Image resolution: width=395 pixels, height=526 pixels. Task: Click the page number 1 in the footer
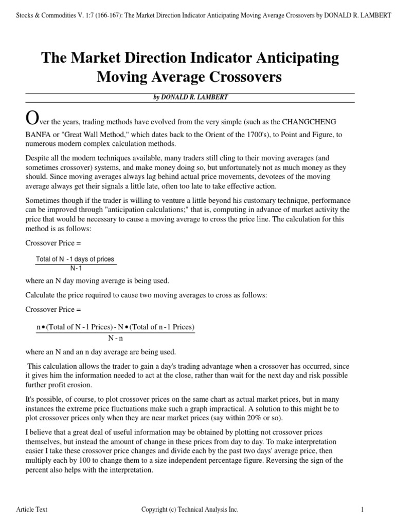(x=362, y=509)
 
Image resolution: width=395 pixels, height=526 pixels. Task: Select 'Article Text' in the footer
(x=32, y=509)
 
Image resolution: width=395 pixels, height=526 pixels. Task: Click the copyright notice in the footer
(x=190, y=509)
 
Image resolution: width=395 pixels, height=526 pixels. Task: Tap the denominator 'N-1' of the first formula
(x=76, y=268)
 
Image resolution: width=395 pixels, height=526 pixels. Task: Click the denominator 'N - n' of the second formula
(x=116, y=338)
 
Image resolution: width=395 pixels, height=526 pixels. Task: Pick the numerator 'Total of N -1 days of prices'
(x=75, y=259)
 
